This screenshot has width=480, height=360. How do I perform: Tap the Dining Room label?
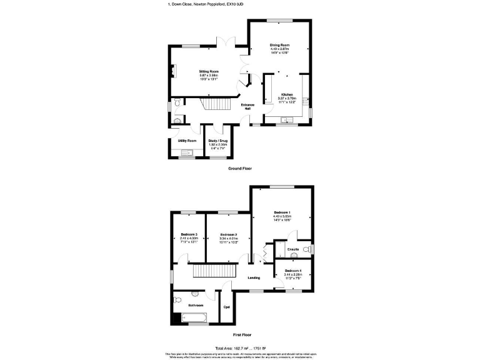tap(279, 45)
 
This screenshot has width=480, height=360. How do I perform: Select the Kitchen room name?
tap(287, 95)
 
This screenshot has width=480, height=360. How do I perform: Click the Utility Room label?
tap(187, 141)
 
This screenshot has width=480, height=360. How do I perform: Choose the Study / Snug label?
tap(217, 141)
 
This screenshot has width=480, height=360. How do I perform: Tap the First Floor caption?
tap(242, 334)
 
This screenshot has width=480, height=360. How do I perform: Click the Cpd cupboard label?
tap(226, 307)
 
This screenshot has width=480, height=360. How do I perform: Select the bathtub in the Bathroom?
tap(193, 318)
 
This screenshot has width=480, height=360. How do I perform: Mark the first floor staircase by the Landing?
tap(212, 271)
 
